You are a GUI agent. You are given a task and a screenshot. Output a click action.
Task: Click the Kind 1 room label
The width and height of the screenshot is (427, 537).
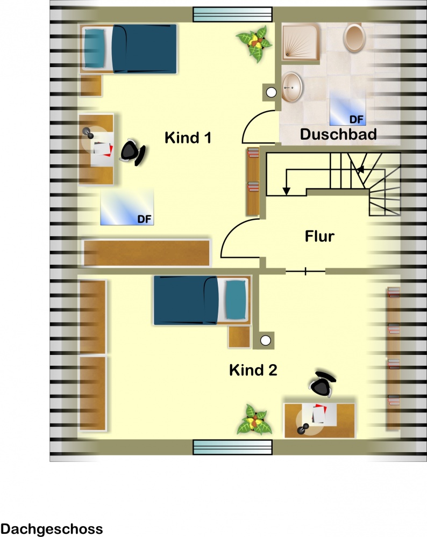click(x=188, y=137)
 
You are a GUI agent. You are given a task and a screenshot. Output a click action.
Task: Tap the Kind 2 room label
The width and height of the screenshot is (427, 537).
click(x=253, y=370)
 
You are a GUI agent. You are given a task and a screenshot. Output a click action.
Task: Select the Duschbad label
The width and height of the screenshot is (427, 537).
click(x=338, y=134)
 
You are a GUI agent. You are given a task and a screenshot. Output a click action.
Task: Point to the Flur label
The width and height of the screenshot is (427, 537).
click(x=319, y=236)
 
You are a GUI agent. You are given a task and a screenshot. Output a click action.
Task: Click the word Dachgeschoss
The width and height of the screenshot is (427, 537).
click(x=52, y=529)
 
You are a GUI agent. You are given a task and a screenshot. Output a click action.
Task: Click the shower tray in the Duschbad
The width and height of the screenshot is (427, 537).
click(x=301, y=42)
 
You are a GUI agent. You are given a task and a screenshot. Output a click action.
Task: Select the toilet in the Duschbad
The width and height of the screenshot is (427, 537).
click(x=354, y=38)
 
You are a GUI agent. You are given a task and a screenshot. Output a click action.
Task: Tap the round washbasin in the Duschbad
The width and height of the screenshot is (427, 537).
click(x=292, y=87)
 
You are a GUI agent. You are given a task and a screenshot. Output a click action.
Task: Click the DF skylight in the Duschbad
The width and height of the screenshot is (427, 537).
click(x=348, y=108)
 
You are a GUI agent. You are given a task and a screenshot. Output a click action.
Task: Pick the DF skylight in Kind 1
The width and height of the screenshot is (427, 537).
click(x=127, y=207)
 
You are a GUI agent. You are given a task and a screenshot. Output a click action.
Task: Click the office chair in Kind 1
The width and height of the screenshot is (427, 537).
click(x=132, y=152)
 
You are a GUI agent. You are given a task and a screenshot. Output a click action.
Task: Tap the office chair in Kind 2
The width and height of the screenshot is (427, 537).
click(x=322, y=383)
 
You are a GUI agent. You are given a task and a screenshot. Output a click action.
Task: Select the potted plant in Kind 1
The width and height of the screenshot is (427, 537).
click(x=254, y=43)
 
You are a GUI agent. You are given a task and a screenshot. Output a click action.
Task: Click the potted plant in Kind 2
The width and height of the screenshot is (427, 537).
click(x=254, y=420)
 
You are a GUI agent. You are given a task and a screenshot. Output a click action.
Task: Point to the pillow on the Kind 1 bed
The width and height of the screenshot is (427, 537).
click(x=94, y=48)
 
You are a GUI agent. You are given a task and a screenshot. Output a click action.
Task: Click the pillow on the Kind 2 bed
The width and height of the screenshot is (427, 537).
click(x=236, y=300)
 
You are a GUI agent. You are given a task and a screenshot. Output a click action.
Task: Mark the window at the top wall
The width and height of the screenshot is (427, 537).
click(x=232, y=14)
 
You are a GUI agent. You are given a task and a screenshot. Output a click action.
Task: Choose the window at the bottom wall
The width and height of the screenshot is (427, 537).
click(x=232, y=447)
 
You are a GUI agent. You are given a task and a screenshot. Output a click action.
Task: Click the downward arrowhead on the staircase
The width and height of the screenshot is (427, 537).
click(x=286, y=191)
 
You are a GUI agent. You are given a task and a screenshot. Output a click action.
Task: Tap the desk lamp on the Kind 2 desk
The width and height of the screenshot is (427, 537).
click(x=303, y=429)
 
